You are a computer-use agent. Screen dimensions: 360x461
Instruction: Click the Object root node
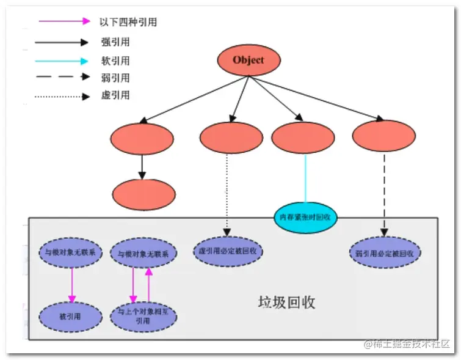point(249,60)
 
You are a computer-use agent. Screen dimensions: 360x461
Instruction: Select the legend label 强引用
point(115,43)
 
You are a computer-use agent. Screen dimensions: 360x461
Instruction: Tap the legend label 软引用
point(115,61)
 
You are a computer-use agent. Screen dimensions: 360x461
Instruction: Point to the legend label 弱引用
point(115,78)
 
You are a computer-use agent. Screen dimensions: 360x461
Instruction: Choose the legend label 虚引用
point(115,95)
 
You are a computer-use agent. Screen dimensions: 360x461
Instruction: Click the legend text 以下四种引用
point(128,22)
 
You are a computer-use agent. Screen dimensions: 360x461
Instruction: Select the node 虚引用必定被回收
point(227,251)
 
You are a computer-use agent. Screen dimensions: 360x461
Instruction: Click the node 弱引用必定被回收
point(385,252)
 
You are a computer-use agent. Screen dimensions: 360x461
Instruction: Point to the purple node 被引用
point(71,316)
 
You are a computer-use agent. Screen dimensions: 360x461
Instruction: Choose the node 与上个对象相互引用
point(142,317)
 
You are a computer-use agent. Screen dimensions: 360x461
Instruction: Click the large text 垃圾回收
point(286,303)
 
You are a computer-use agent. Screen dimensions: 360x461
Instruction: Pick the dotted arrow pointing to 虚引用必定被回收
point(227,193)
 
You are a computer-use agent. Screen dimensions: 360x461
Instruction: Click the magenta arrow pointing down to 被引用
point(72,284)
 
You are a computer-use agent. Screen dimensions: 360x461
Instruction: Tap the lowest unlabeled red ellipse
point(143,195)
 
